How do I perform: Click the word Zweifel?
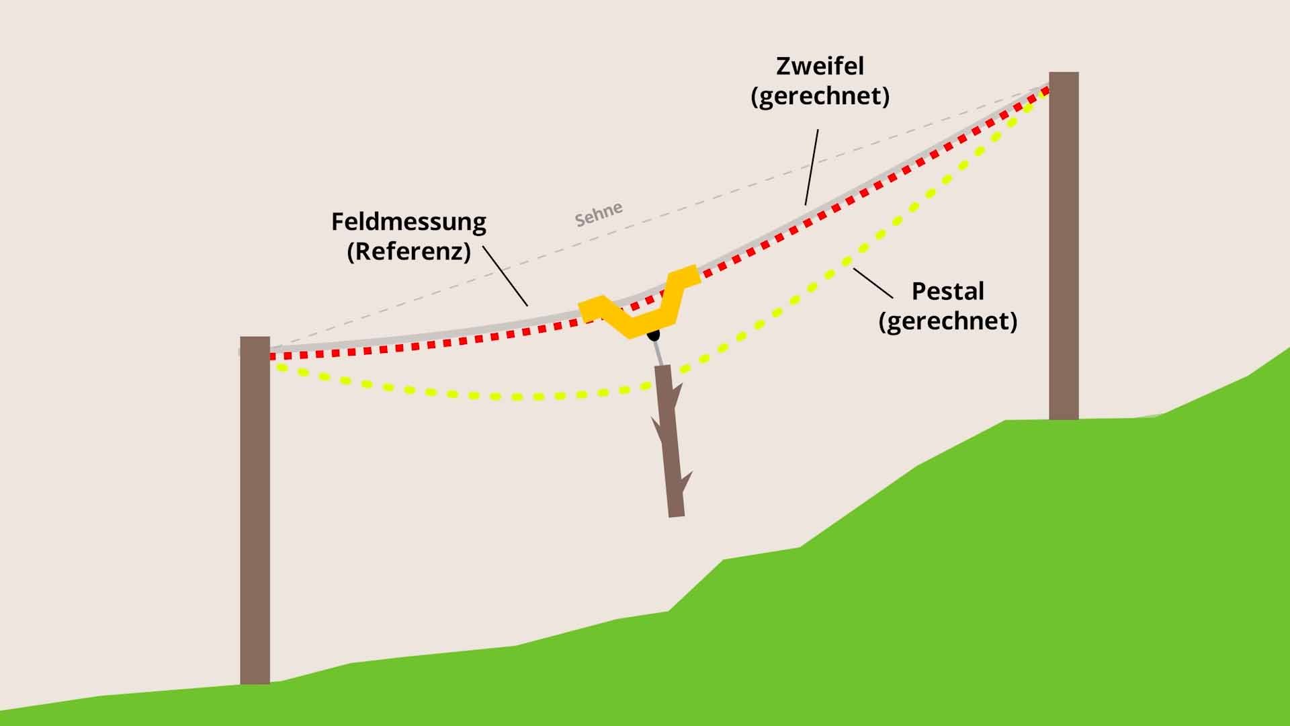[x=820, y=66]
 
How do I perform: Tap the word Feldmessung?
[x=408, y=222]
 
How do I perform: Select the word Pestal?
[x=947, y=291]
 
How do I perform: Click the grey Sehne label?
[x=599, y=214]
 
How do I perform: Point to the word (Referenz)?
[x=408, y=251]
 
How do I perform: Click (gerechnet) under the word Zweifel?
[x=820, y=96]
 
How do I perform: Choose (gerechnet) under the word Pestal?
[x=947, y=321]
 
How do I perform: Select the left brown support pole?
[x=255, y=511]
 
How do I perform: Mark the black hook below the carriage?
[x=652, y=334]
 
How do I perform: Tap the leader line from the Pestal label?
[x=873, y=283]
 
